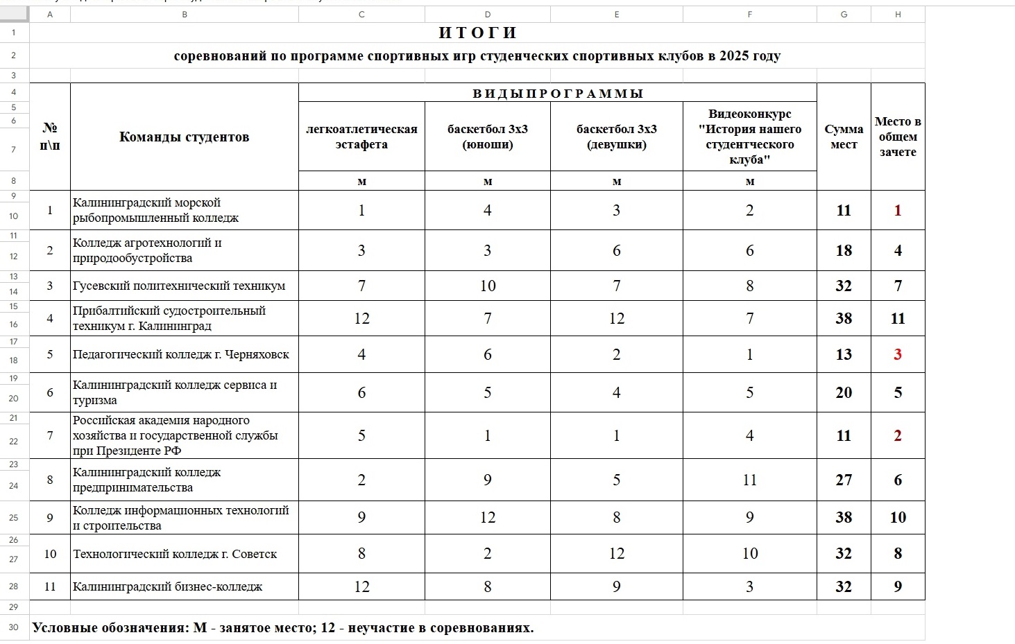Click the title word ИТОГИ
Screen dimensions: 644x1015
point(477,33)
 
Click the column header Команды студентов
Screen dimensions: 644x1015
point(184,137)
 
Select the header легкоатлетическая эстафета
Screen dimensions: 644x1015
point(361,137)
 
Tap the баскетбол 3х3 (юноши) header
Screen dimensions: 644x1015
point(487,137)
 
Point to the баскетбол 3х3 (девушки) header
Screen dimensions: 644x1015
point(616,137)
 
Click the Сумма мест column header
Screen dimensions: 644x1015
point(844,137)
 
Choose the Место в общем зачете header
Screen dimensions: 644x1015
point(898,137)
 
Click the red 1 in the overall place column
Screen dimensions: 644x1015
point(898,211)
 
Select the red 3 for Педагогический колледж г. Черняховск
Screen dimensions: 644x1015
point(898,355)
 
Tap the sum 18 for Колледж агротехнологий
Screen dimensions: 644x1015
point(844,251)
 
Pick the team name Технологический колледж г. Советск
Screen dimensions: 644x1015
point(175,554)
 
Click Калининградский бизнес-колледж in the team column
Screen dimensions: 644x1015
point(168,586)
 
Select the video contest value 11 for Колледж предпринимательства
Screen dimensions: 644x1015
point(749,480)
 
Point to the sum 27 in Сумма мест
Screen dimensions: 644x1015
point(844,480)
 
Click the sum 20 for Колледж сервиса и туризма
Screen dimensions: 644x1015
point(844,393)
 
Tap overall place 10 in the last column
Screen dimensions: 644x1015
point(898,518)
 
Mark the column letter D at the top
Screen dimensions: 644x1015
point(487,15)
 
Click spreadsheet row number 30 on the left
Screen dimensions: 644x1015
point(14,627)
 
